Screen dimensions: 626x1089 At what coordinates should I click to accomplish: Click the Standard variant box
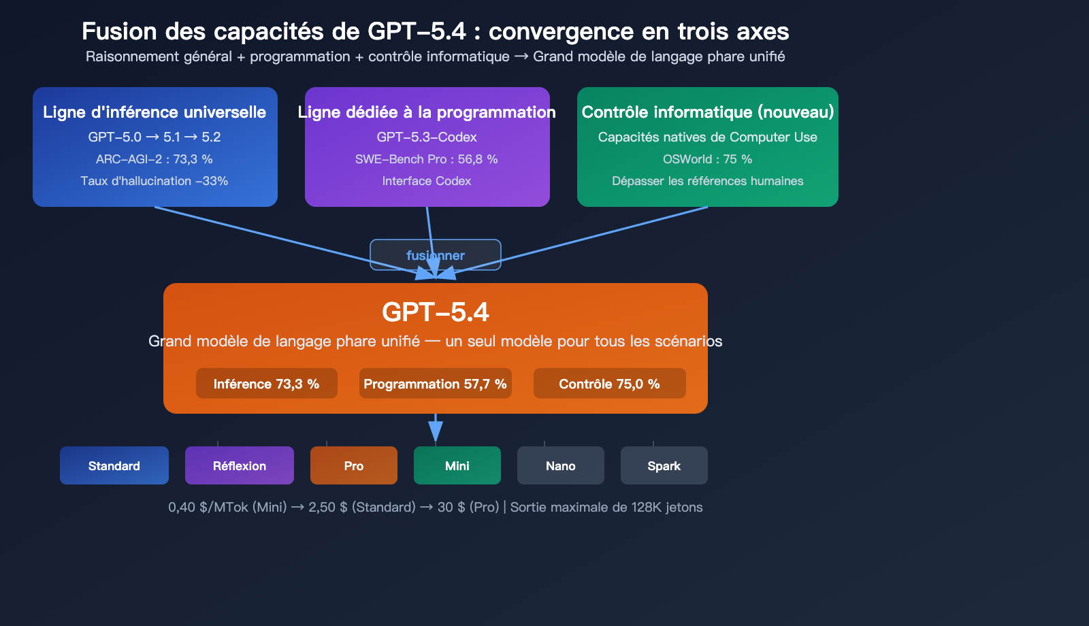click(114, 465)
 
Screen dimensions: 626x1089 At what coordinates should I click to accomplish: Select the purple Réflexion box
click(240, 465)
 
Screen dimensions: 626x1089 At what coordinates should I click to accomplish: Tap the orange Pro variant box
click(353, 465)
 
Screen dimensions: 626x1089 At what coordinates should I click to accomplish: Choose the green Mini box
click(457, 465)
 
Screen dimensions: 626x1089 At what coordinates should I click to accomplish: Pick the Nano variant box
click(561, 465)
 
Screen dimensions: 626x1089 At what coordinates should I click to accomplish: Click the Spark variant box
click(664, 465)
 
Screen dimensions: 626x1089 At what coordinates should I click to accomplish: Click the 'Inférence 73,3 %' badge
click(266, 384)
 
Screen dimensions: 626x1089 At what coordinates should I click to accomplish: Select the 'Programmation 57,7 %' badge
click(435, 384)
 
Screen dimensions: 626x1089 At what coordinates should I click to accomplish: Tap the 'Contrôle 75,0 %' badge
click(609, 384)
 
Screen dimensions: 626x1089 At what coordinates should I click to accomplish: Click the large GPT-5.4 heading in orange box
click(436, 312)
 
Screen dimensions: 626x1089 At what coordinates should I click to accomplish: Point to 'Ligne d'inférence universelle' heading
click(155, 112)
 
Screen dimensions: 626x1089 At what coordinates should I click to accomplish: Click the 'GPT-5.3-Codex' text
click(427, 137)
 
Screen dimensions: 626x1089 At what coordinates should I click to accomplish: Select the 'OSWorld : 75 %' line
click(707, 159)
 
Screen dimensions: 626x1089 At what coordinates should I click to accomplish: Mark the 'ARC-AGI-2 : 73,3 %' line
click(155, 159)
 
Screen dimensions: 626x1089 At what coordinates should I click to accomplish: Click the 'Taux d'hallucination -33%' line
click(155, 181)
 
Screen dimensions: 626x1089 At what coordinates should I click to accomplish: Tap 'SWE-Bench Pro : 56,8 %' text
click(427, 159)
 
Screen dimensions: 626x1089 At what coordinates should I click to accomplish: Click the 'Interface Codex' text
click(427, 181)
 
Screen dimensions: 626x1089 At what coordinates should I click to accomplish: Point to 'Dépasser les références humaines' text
click(707, 181)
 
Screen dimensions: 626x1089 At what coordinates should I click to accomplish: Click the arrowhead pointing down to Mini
click(436, 431)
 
